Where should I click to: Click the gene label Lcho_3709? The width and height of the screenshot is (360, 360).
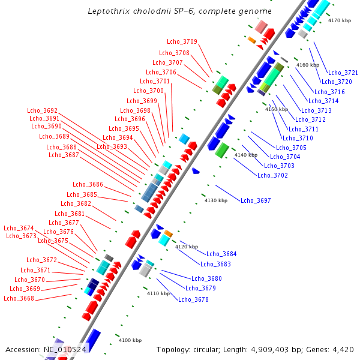(x=182, y=41)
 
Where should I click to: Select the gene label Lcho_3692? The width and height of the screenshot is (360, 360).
(x=43, y=110)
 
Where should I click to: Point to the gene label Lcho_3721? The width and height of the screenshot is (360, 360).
(x=343, y=73)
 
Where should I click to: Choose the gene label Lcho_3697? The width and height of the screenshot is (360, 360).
(x=256, y=200)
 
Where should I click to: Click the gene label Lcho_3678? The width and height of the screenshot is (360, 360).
(x=193, y=299)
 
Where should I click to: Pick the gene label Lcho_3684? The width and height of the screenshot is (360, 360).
(x=221, y=254)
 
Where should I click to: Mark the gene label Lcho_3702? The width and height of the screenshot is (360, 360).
(x=272, y=175)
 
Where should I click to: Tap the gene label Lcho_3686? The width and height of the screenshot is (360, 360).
(x=88, y=185)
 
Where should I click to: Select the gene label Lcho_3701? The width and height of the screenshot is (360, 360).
(x=155, y=82)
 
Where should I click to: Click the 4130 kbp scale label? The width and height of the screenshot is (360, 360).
(x=217, y=200)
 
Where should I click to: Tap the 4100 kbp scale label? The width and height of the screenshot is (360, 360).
(x=130, y=340)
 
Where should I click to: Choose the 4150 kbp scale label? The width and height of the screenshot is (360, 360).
(x=277, y=110)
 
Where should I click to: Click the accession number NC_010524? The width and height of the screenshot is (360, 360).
(x=65, y=349)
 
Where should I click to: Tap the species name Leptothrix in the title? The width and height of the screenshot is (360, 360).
(x=108, y=11)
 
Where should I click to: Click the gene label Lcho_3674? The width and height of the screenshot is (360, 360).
(x=19, y=228)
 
